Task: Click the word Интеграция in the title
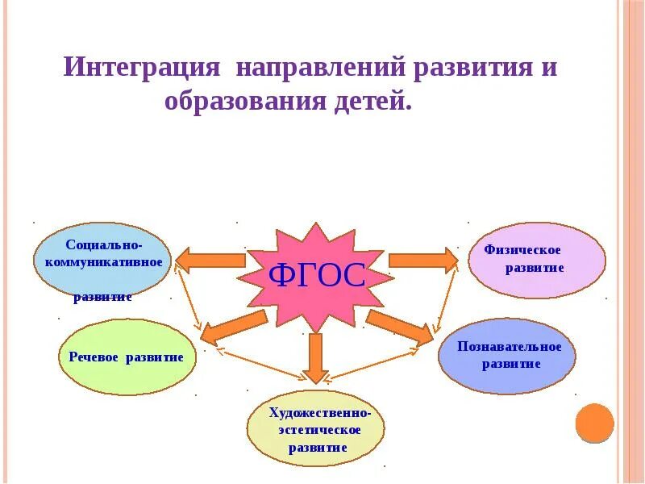coord(142,66)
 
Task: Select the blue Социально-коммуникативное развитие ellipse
coord(103,260)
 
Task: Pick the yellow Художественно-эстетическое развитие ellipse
coord(315,428)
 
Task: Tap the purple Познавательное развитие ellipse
coord(508,356)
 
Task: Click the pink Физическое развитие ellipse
coord(536,260)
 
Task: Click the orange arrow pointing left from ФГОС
coord(210,260)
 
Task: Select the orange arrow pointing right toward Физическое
coord(422,260)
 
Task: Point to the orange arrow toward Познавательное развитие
coord(399,326)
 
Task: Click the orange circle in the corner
coord(595,422)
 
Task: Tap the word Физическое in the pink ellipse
coord(522,251)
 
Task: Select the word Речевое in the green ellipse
coord(96,357)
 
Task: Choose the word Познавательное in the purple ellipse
coord(509,347)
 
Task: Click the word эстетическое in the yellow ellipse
coord(320,429)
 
